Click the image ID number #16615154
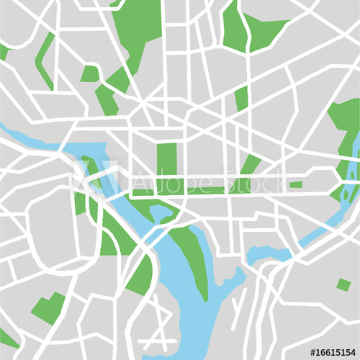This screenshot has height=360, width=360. click(x=332, y=352)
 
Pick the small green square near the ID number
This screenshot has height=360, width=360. click(x=343, y=285)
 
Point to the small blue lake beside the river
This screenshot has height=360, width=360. click(x=266, y=254)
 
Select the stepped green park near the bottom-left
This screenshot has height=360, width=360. click(x=48, y=309)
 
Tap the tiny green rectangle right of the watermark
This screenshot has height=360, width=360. click(x=296, y=185)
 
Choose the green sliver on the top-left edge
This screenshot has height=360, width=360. click(x=4, y=53)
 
